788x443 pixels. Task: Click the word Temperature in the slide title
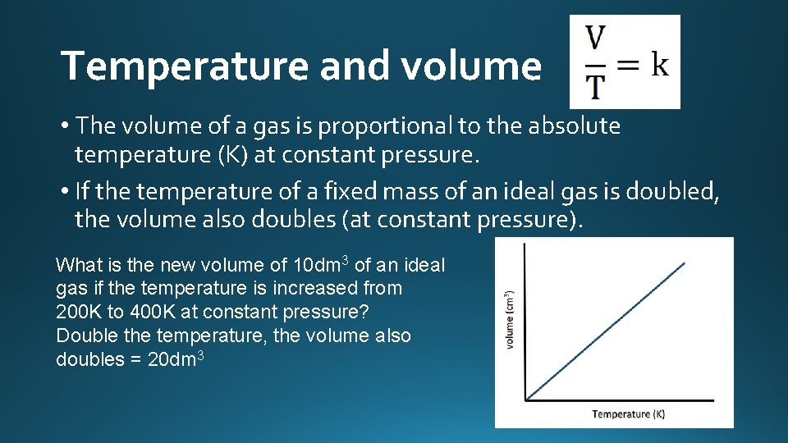185,66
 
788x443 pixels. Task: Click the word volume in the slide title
471,66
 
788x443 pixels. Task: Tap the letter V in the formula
595,39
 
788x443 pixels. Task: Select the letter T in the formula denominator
595,84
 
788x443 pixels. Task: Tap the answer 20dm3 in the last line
175,359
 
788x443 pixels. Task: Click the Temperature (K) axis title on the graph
629,413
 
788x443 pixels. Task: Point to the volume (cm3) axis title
510,321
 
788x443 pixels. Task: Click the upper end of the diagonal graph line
684,263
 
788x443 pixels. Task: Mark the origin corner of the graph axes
526,400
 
